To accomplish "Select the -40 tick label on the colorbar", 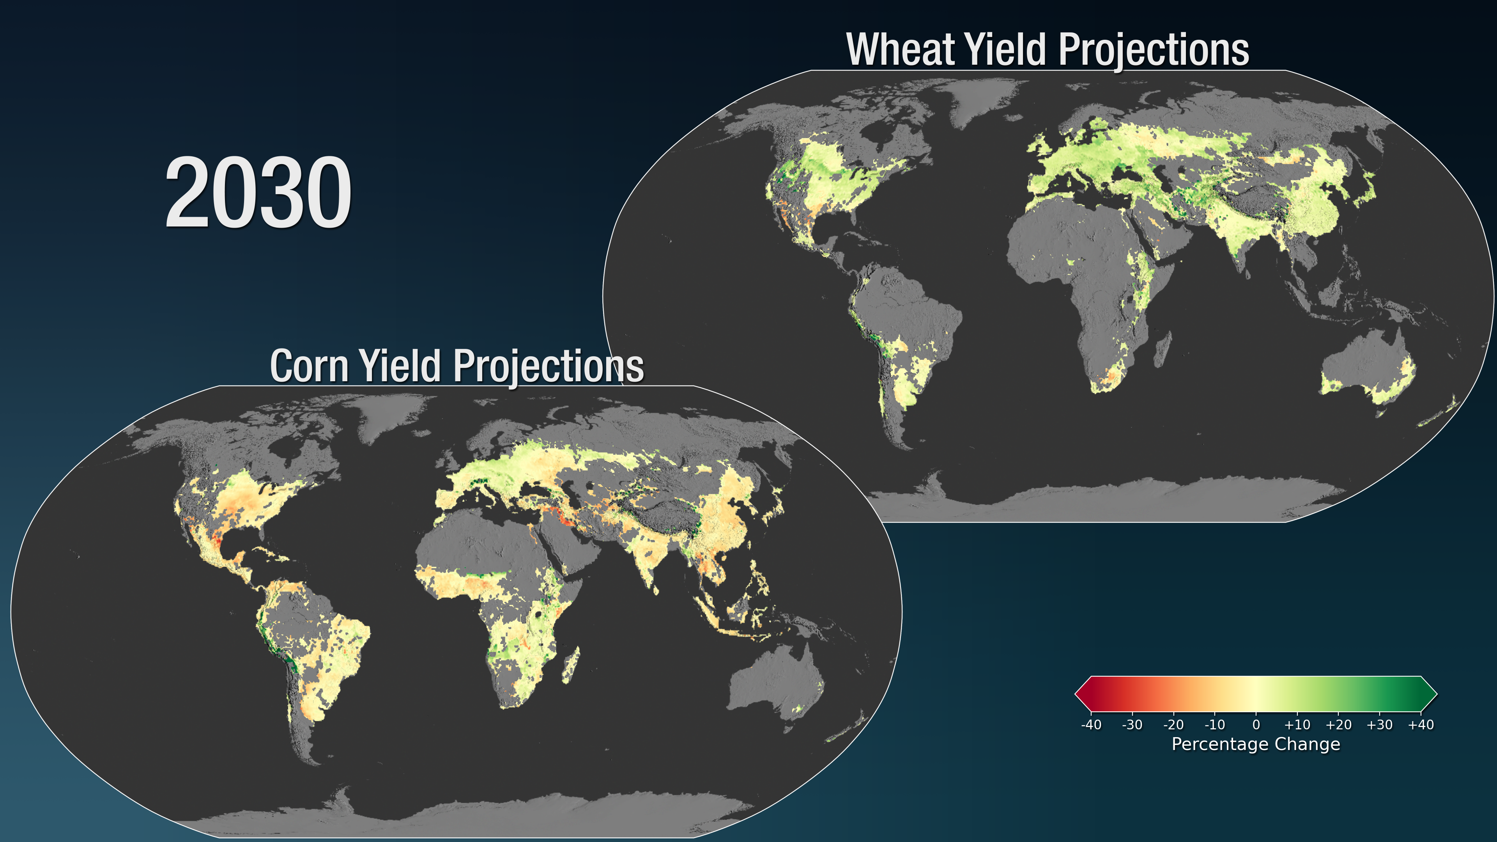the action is tap(1091, 725).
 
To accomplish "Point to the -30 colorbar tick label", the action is tap(1132, 725).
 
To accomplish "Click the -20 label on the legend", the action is tap(1173, 725).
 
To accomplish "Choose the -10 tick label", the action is tap(1215, 725).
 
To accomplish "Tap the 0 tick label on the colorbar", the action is tap(1256, 725).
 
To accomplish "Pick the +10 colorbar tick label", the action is tap(1297, 725).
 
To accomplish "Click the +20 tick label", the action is tap(1338, 725).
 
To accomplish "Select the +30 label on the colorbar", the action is tap(1380, 725).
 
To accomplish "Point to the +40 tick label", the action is tap(1421, 725).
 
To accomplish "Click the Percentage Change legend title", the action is tap(1256, 745).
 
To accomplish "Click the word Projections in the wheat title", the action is tap(1154, 51).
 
